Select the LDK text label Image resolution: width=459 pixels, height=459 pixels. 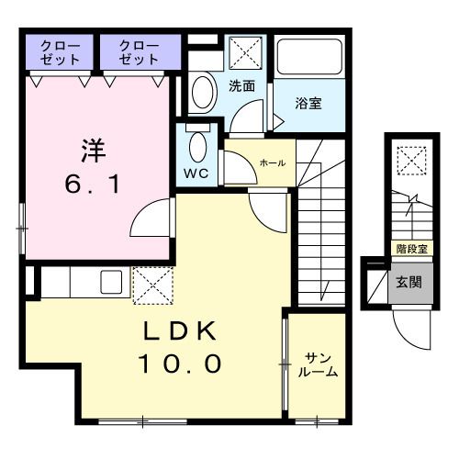click(180, 330)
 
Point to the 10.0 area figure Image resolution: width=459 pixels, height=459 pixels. click(180, 364)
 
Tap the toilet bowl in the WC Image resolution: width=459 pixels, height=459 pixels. click(196, 147)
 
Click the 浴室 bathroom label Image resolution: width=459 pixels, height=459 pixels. click(308, 103)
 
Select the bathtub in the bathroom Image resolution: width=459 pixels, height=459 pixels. click(308, 58)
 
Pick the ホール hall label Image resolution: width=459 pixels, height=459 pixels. click(273, 162)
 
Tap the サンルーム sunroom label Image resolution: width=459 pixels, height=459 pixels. click(318, 365)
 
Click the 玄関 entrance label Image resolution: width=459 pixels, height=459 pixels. click(409, 281)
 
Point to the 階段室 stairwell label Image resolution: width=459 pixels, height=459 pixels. click(409, 248)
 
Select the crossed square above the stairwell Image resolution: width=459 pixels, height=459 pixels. click(410, 162)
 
